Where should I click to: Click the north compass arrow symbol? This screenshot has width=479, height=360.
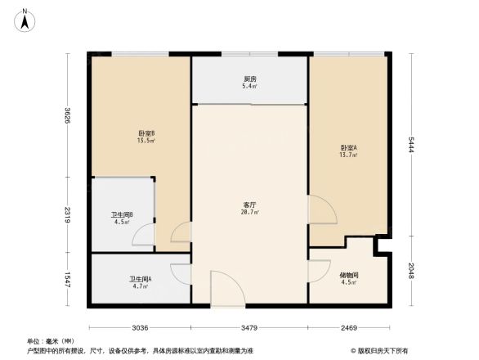[25, 19]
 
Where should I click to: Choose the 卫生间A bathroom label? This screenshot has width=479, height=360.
[140, 282]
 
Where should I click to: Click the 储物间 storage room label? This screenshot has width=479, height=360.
[349, 278]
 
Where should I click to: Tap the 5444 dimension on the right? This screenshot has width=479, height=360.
[412, 146]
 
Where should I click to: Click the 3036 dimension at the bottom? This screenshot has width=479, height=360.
[140, 327]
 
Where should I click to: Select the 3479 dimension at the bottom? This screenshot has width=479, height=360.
[249, 327]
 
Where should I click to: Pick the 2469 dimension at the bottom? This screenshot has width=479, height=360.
[349, 327]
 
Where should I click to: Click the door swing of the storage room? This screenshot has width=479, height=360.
[319, 272]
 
